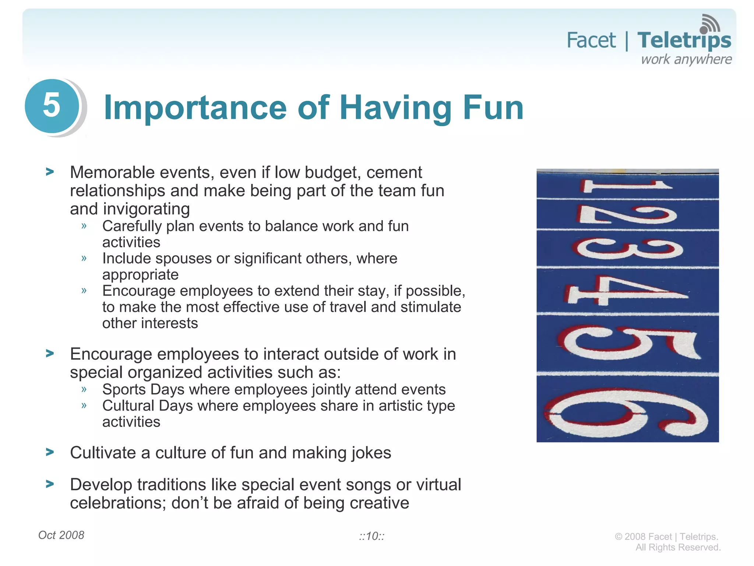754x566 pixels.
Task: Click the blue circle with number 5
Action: [52, 106]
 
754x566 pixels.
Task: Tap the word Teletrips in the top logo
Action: [684, 41]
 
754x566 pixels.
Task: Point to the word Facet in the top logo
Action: [591, 40]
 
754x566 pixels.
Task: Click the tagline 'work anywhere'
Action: [686, 60]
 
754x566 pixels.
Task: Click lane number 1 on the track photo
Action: [626, 185]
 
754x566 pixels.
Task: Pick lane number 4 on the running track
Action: [626, 291]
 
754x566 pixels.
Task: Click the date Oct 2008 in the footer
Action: [61, 535]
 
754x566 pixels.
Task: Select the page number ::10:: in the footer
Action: [371, 536]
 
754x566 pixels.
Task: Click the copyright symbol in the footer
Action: [618, 537]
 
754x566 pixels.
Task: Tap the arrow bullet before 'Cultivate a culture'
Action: [50, 452]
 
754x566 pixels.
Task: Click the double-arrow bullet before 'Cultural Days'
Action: [84, 406]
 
